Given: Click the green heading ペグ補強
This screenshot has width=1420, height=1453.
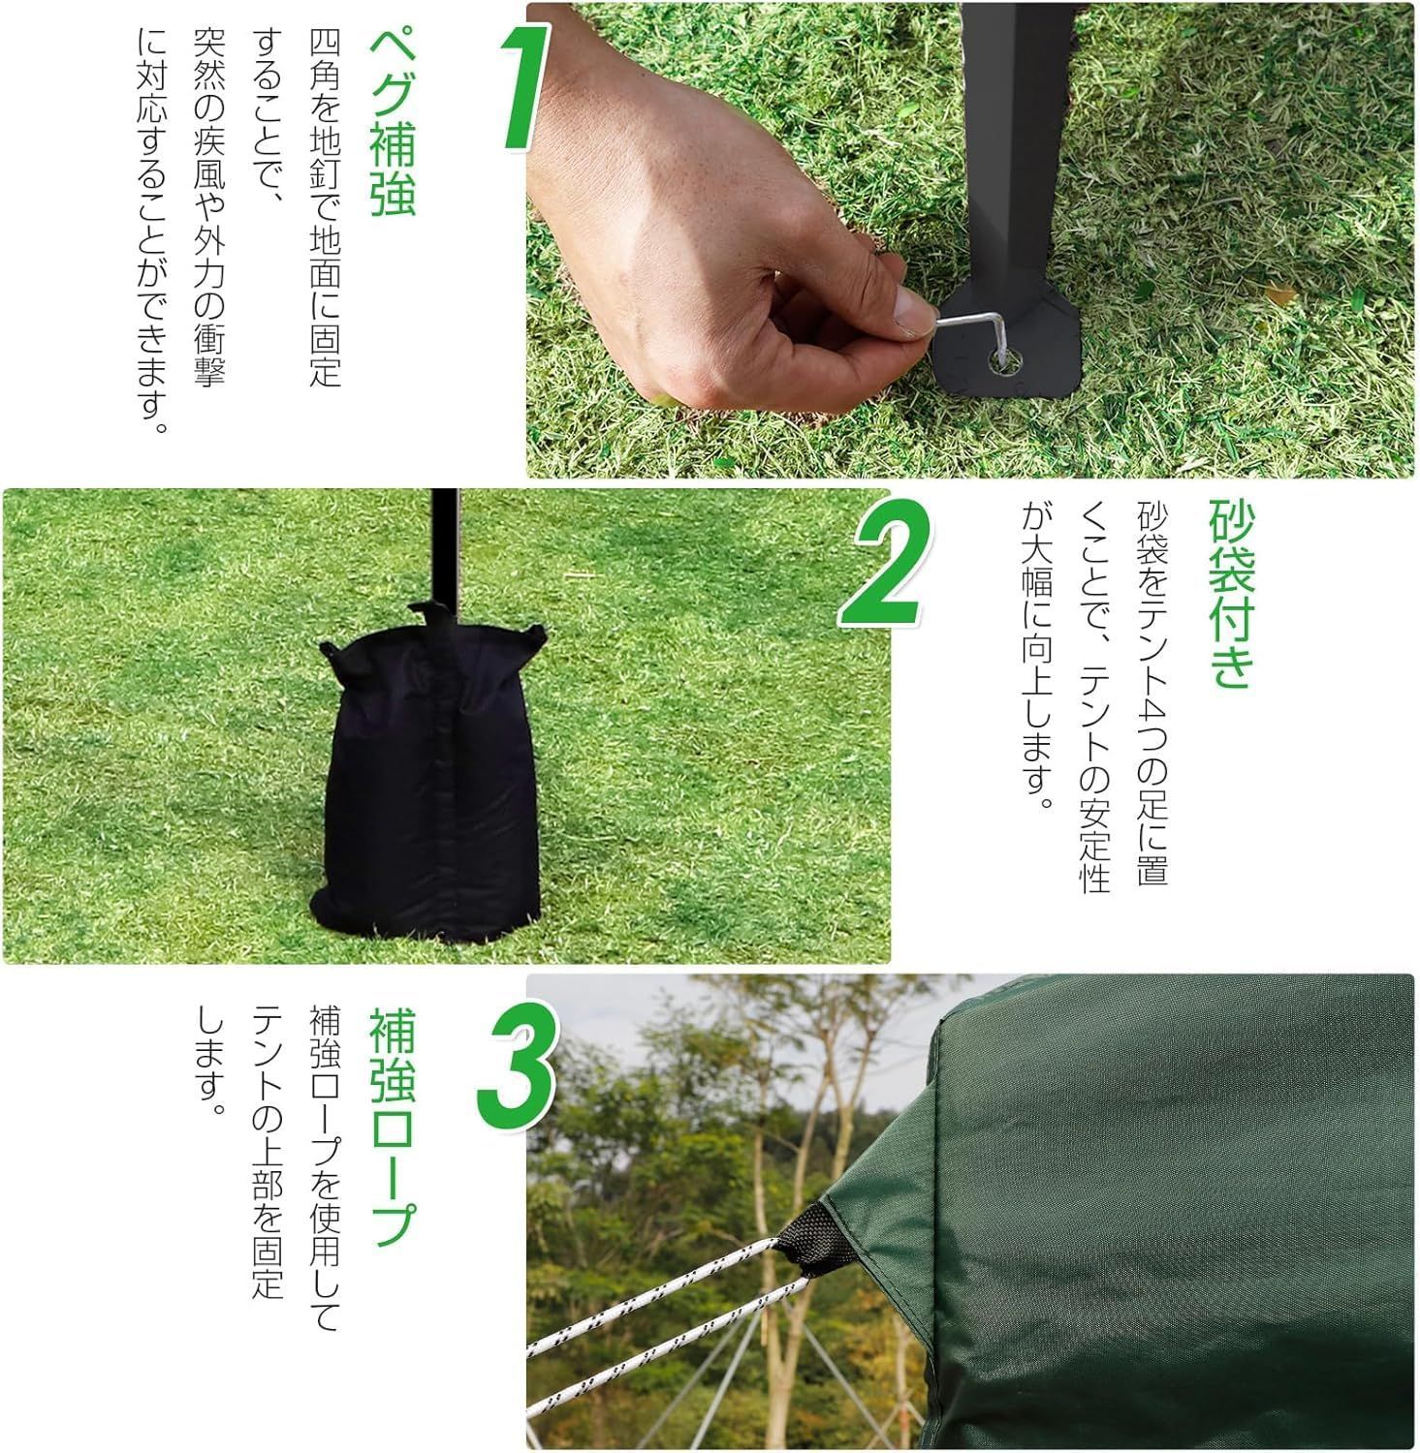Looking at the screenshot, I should [393, 121].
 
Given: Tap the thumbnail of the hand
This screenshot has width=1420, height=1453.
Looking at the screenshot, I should [908, 311].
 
